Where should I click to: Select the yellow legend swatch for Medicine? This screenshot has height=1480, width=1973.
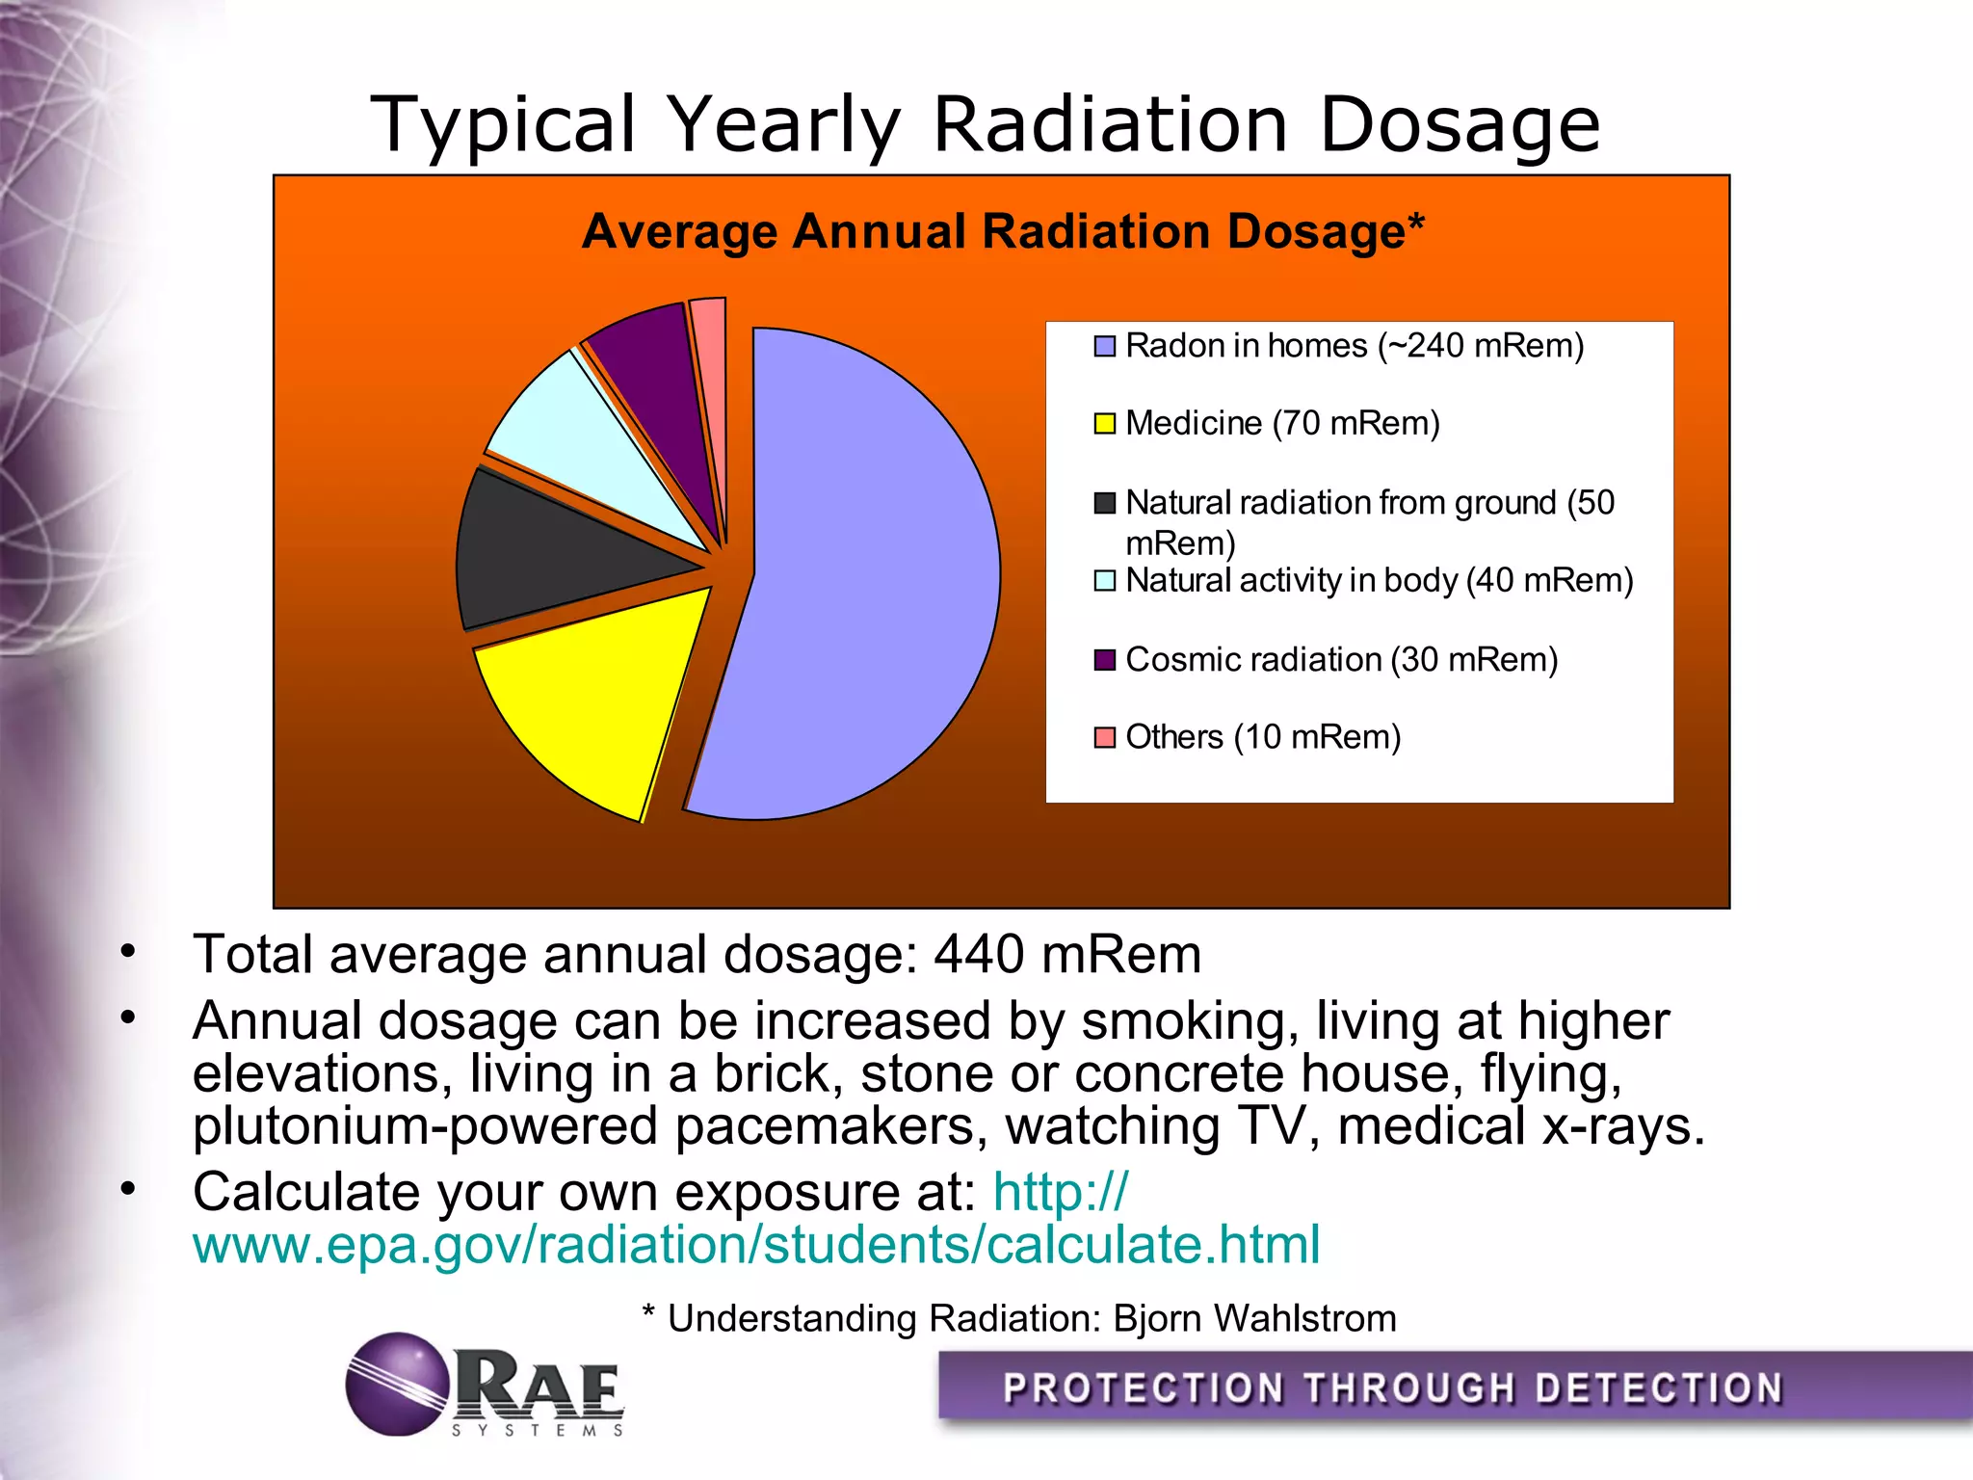pos(1104,424)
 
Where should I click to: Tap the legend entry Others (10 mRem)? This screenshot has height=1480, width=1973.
pos(1262,737)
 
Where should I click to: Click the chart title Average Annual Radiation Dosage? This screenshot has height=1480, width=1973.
pos(1002,232)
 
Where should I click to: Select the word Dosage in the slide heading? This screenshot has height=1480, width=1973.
pos(1459,125)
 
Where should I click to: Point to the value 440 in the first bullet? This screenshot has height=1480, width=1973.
pos(979,955)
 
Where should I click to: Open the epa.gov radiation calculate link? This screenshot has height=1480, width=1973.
pos(755,1245)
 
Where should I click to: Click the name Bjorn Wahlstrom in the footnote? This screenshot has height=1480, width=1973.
pos(1254,1318)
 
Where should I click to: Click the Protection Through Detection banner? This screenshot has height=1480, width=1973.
pos(1392,1388)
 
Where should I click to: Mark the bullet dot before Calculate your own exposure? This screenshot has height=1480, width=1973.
pos(128,1189)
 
